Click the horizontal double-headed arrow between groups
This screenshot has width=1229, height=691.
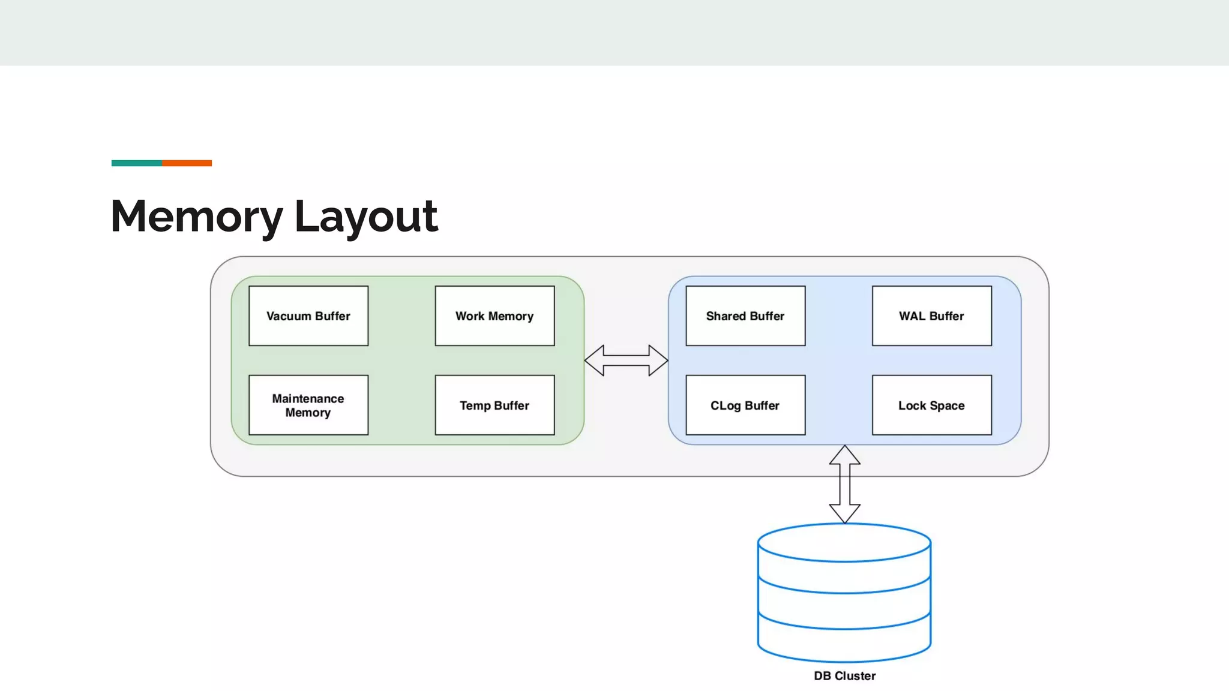pos(626,360)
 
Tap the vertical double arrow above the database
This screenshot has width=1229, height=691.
pos(844,484)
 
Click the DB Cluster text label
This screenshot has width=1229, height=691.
pos(844,676)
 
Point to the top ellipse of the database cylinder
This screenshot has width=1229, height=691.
pos(844,543)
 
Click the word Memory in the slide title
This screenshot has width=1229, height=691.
pos(197,217)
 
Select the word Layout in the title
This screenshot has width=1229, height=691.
pos(366,217)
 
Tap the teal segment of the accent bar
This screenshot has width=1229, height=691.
pos(136,163)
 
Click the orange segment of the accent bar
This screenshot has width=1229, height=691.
pos(187,163)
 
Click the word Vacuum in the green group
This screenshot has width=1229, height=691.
pos(289,316)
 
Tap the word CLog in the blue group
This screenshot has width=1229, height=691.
pos(725,406)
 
